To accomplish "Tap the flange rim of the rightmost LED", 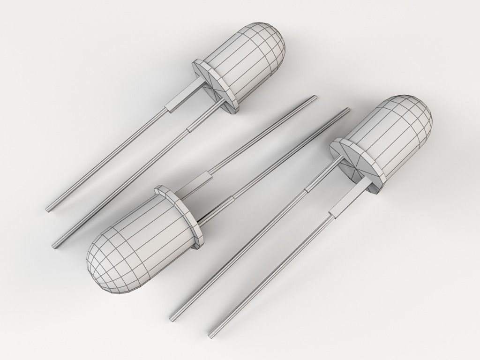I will coord(356,166).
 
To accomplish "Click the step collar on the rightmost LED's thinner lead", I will coord(308,188).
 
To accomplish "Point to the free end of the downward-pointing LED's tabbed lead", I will coord(313,98).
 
